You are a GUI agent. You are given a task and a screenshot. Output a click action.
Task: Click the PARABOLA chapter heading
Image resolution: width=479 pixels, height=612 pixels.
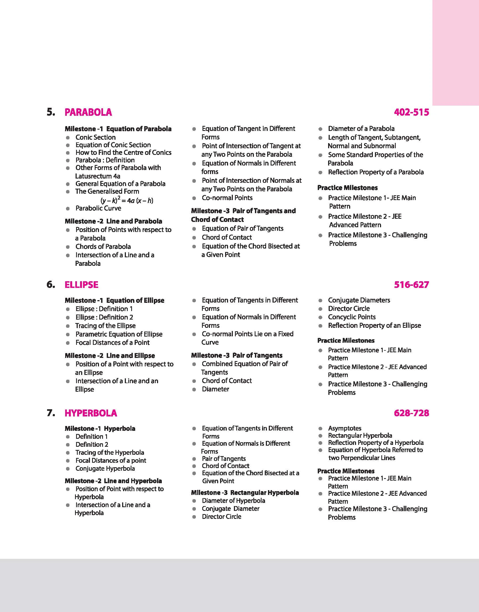click(88, 112)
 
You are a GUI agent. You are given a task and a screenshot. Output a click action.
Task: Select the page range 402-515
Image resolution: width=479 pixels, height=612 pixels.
click(411, 112)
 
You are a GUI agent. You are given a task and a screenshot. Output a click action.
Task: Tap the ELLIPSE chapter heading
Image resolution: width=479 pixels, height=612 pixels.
click(81, 284)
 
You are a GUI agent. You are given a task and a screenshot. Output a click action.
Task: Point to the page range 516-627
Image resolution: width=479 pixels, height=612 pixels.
click(411, 284)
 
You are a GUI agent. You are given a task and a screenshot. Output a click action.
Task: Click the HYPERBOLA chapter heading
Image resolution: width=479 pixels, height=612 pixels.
click(90, 413)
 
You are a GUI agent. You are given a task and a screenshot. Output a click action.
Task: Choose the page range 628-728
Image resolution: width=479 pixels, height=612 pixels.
click(411, 413)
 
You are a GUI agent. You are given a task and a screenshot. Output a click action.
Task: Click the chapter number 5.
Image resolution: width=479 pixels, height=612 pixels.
click(51, 112)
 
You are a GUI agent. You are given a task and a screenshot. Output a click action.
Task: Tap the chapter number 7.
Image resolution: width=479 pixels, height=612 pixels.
click(51, 413)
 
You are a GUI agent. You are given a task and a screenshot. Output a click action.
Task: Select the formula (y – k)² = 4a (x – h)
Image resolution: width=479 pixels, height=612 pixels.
click(127, 200)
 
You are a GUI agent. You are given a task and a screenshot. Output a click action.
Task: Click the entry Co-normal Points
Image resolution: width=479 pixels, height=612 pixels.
click(227, 198)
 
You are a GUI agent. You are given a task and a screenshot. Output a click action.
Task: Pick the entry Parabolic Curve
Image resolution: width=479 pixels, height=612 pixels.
click(98, 208)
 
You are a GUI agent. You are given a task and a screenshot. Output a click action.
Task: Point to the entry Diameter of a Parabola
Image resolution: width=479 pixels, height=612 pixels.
click(361, 129)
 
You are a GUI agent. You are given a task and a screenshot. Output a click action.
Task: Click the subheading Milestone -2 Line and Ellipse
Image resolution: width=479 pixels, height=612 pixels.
click(110, 355)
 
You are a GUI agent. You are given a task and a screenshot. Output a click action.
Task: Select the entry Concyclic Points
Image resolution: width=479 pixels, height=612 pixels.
click(352, 317)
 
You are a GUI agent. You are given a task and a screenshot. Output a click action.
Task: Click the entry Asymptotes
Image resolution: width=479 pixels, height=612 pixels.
click(345, 428)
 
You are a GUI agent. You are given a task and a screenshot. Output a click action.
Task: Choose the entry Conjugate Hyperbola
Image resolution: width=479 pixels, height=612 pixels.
click(105, 469)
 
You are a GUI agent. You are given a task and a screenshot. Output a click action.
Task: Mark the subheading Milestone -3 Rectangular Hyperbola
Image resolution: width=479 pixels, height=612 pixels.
click(245, 493)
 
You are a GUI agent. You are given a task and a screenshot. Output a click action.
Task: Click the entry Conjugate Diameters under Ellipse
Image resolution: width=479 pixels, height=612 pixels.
click(359, 300)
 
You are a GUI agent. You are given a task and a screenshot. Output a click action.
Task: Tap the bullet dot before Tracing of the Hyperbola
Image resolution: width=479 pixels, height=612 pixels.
click(68, 453)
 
